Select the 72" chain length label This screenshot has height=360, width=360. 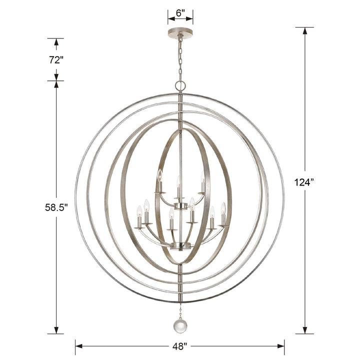[x=55, y=59]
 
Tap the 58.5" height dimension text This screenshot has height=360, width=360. [x=55, y=207]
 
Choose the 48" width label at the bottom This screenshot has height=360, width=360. [x=180, y=345]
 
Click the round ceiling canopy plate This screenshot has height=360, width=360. [x=180, y=33]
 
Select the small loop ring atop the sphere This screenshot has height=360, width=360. [x=180, y=86]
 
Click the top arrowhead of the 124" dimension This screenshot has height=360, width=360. [x=304, y=31]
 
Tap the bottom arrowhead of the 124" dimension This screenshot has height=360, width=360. [x=304, y=330]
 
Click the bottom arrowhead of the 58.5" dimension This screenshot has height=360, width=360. [x=56, y=330]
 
